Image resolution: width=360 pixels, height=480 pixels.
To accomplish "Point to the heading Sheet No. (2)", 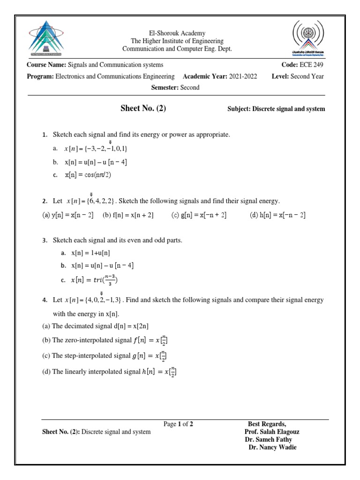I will [143, 109].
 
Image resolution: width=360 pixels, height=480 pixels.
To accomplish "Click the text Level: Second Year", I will [298, 76].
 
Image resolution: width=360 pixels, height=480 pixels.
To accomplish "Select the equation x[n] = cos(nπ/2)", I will [88, 175].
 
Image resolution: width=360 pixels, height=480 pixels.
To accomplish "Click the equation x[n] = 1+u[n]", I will [90, 253].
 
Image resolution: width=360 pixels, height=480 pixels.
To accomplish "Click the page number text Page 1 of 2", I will [178, 424].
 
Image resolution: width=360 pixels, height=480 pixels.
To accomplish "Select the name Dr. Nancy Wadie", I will [272, 447].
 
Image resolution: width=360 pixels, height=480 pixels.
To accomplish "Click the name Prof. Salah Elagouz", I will [272, 432].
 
